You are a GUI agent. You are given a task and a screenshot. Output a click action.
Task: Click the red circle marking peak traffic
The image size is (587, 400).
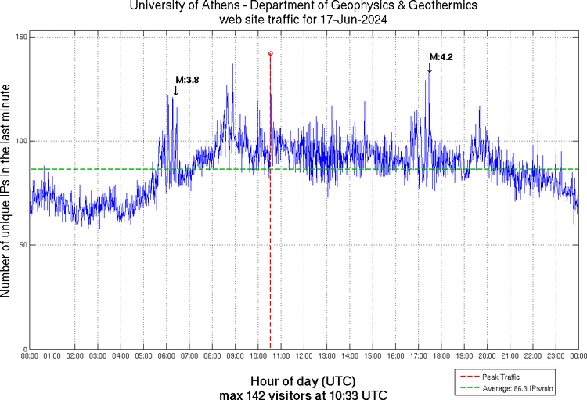point(270,53)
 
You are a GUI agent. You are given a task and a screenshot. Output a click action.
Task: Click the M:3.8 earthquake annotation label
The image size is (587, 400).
point(187,80)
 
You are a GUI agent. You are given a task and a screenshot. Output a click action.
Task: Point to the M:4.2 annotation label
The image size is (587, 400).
point(441,57)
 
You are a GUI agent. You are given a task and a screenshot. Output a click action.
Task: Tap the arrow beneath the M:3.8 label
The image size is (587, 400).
point(175,91)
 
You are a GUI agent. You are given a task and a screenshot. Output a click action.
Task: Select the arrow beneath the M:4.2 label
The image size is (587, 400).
point(429,68)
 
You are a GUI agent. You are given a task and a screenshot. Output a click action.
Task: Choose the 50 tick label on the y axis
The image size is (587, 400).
point(20,245)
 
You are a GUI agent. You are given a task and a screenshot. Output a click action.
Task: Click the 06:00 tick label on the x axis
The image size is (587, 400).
point(167,356)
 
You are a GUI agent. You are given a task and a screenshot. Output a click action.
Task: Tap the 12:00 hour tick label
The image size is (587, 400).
point(304,356)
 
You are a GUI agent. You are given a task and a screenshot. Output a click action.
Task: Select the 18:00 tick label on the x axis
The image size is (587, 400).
point(441,356)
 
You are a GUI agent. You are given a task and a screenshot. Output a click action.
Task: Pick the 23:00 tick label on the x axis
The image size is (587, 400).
point(555,356)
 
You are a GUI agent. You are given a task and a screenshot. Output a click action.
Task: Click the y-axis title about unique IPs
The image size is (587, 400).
point(7,193)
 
